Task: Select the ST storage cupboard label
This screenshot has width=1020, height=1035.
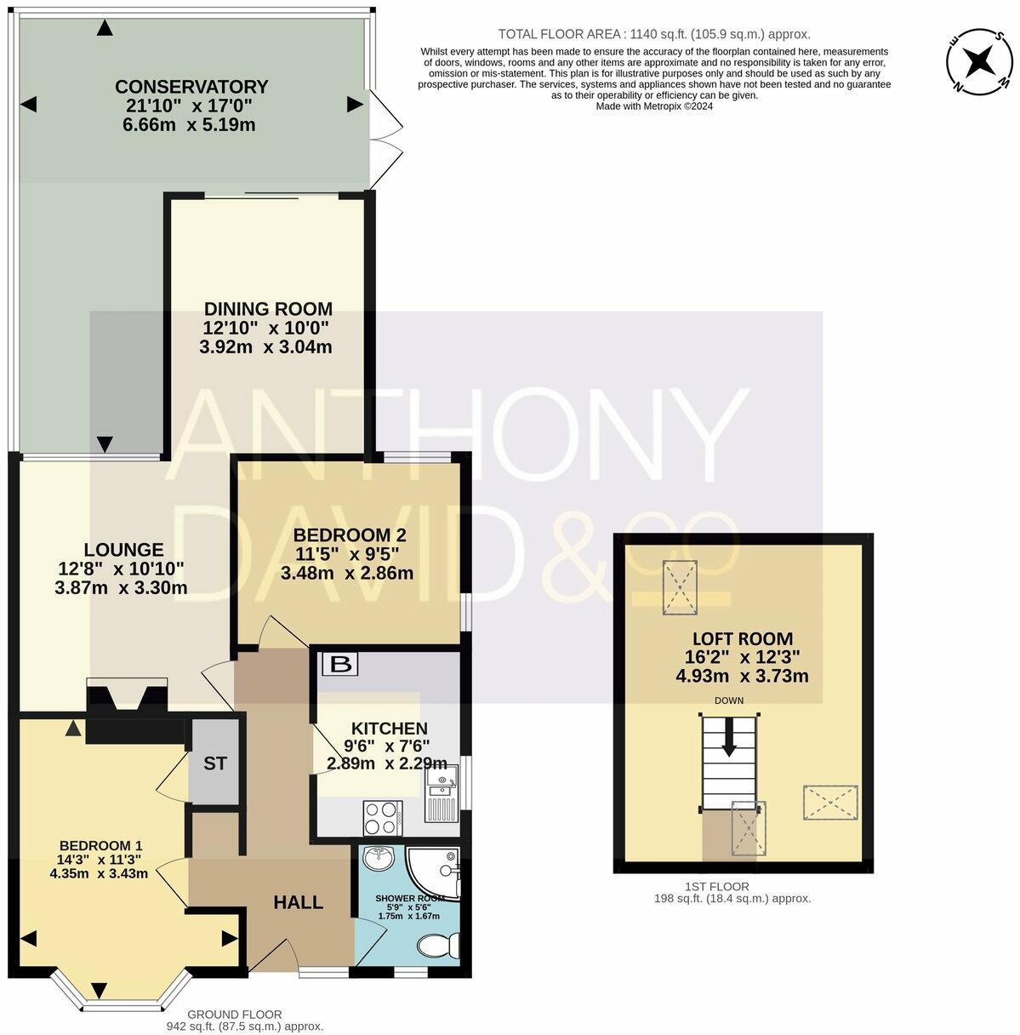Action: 215,763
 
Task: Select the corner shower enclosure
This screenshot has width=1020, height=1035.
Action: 436,872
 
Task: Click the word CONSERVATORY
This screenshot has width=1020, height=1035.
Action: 191,87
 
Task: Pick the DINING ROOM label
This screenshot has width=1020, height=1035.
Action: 267,309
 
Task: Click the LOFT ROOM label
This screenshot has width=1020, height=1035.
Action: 742,638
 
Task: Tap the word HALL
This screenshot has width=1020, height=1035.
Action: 298,902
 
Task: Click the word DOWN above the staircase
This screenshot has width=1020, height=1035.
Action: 729,701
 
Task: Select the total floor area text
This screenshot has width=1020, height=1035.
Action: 653,35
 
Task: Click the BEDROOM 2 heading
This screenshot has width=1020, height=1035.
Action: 349,535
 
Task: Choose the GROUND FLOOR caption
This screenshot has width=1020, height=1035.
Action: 234,1015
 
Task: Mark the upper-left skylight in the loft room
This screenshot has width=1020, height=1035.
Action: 679,586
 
